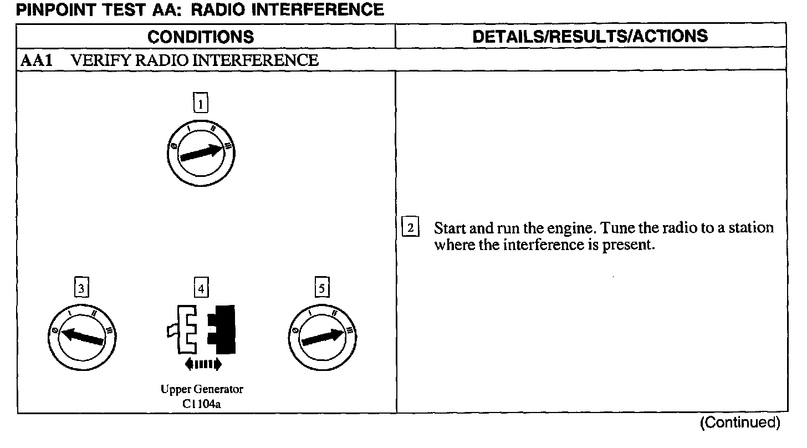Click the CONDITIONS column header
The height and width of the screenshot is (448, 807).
point(201,37)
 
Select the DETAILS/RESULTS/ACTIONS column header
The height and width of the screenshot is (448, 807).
point(590,36)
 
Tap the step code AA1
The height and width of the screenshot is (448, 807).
point(37,60)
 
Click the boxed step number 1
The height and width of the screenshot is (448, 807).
point(201,103)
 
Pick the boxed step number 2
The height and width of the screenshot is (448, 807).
point(410,227)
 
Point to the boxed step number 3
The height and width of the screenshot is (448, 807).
point(81,288)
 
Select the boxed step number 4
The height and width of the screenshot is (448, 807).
point(201,288)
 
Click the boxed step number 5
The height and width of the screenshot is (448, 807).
point(323,288)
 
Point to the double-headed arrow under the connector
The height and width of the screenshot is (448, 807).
point(202,364)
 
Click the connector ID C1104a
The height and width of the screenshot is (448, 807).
point(202,403)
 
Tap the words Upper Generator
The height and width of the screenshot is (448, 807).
point(202,389)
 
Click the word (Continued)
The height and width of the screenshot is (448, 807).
point(739,423)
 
